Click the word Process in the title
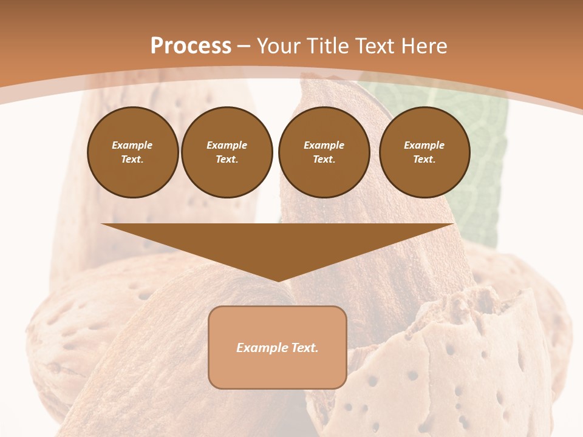pyautogui.click(x=191, y=46)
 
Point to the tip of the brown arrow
pyautogui.click(x=278, y=280)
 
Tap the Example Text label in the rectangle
pyautogui.click(x=278, y=348)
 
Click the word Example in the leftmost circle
pyautogui.click(x=132, y=145)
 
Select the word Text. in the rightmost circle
pyautogui.click(x=424, y=159)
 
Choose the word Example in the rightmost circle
pyautogui.click(x=424, y=145)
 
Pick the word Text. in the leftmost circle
pyautogui.click(x=132, y=159)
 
